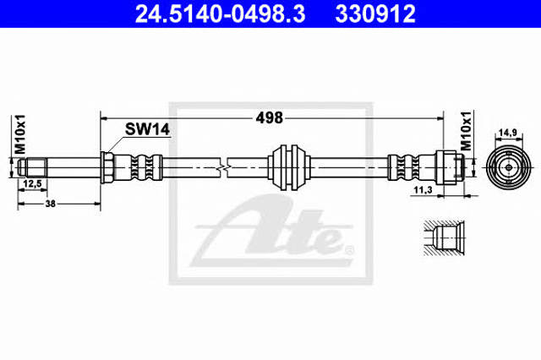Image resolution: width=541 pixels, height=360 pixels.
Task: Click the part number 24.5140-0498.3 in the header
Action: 220,14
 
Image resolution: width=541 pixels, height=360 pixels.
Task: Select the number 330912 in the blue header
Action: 375,14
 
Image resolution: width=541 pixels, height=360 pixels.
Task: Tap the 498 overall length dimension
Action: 269,118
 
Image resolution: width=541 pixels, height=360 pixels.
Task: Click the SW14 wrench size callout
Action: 147,129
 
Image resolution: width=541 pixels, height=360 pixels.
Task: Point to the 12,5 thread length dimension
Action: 32,183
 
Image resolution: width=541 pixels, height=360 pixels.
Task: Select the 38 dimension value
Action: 51,204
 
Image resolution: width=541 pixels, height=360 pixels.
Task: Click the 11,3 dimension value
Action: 423,189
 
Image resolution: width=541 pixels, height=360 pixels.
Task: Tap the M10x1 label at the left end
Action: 20,134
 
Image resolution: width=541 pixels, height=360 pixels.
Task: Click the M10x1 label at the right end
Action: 466,131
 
